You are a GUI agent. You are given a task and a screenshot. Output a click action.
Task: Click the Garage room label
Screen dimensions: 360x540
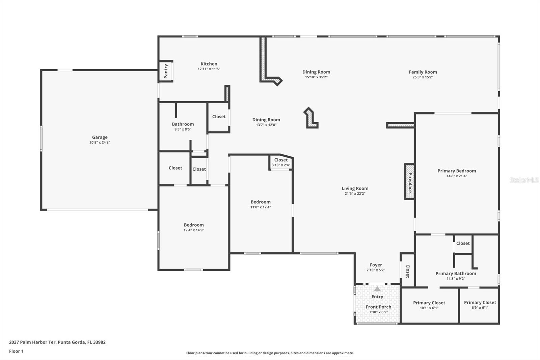point(100,137)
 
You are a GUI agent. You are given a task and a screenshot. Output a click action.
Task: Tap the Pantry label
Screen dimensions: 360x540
point(166,71)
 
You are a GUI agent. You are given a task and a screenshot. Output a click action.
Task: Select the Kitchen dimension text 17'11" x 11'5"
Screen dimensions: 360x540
point(209,69)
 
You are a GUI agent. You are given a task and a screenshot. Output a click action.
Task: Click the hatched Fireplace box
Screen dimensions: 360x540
point(409,181)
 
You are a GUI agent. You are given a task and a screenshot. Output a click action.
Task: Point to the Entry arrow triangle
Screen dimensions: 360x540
point(377,289)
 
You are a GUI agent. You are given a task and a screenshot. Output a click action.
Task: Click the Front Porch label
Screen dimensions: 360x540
point(378,307)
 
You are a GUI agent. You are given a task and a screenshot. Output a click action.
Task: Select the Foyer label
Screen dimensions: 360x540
point(376,265)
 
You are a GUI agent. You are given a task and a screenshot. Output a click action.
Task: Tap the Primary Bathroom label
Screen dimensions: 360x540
point(456,274)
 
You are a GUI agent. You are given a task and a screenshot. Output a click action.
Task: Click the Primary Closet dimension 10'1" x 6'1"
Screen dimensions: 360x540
point(429,308)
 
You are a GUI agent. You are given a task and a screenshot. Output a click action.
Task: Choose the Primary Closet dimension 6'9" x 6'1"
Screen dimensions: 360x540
point(480,308)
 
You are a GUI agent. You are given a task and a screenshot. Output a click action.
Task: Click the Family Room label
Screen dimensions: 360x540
point(423,72)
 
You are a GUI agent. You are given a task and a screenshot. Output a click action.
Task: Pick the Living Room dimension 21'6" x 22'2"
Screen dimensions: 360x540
point(355,194)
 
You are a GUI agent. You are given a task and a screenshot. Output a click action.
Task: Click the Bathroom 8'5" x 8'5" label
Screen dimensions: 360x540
point(183,124)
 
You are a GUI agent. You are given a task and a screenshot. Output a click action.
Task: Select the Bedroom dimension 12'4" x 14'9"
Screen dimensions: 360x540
point(194,230)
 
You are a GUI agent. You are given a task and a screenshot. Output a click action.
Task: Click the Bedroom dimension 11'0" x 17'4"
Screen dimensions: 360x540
point(261,207)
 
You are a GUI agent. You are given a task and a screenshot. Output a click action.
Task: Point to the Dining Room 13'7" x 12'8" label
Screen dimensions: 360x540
point(266,120)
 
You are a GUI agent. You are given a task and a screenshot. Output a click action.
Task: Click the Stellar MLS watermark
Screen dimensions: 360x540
point(524,180)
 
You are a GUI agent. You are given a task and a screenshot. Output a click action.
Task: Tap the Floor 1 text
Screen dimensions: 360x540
point(16,351)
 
